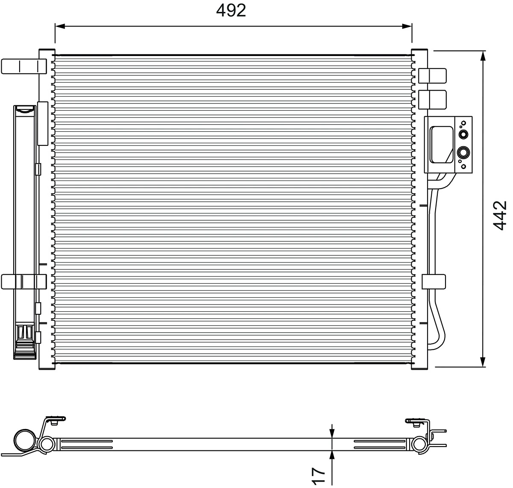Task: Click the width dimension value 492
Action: click(x=231, y=11)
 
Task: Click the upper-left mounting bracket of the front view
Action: click(x=24, y=66)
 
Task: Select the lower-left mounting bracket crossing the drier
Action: click(x=24, y=281)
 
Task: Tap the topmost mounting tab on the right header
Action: click(x=432, y=76)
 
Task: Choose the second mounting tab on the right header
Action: click(x=432, y=99)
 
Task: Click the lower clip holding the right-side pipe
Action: click(x=434, y=281)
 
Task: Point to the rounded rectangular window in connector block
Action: click(x=441, y=144)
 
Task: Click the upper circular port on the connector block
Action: click(x=463, y=134)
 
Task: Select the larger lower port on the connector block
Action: click(x=463, y=152)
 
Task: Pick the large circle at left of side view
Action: click(x=25, y=441)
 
